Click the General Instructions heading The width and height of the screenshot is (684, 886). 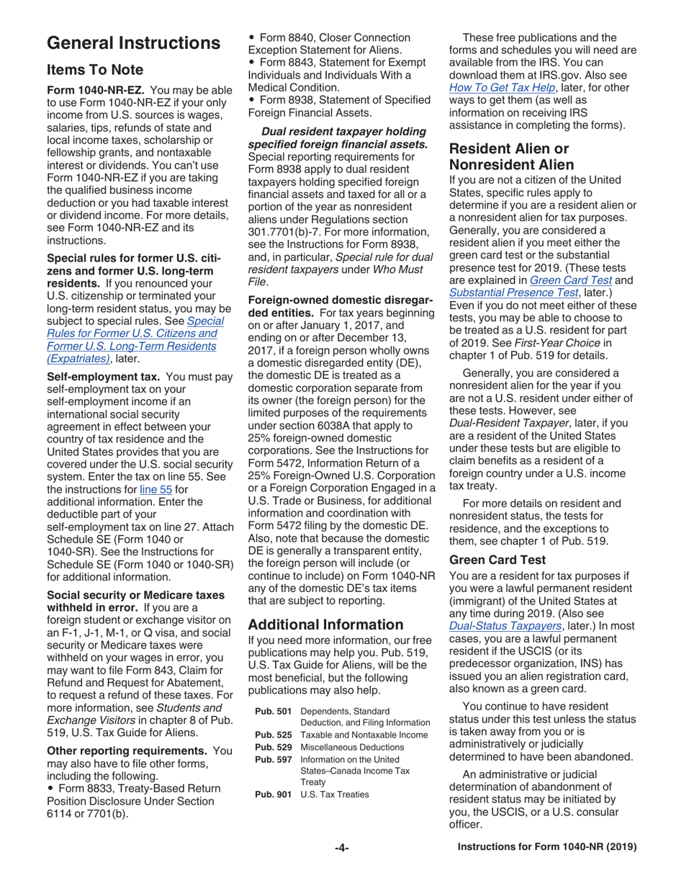[133, 43]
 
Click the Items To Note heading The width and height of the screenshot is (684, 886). [95, 70]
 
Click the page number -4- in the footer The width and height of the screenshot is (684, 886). [342, 848]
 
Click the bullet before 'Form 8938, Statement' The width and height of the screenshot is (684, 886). [251, 99]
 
